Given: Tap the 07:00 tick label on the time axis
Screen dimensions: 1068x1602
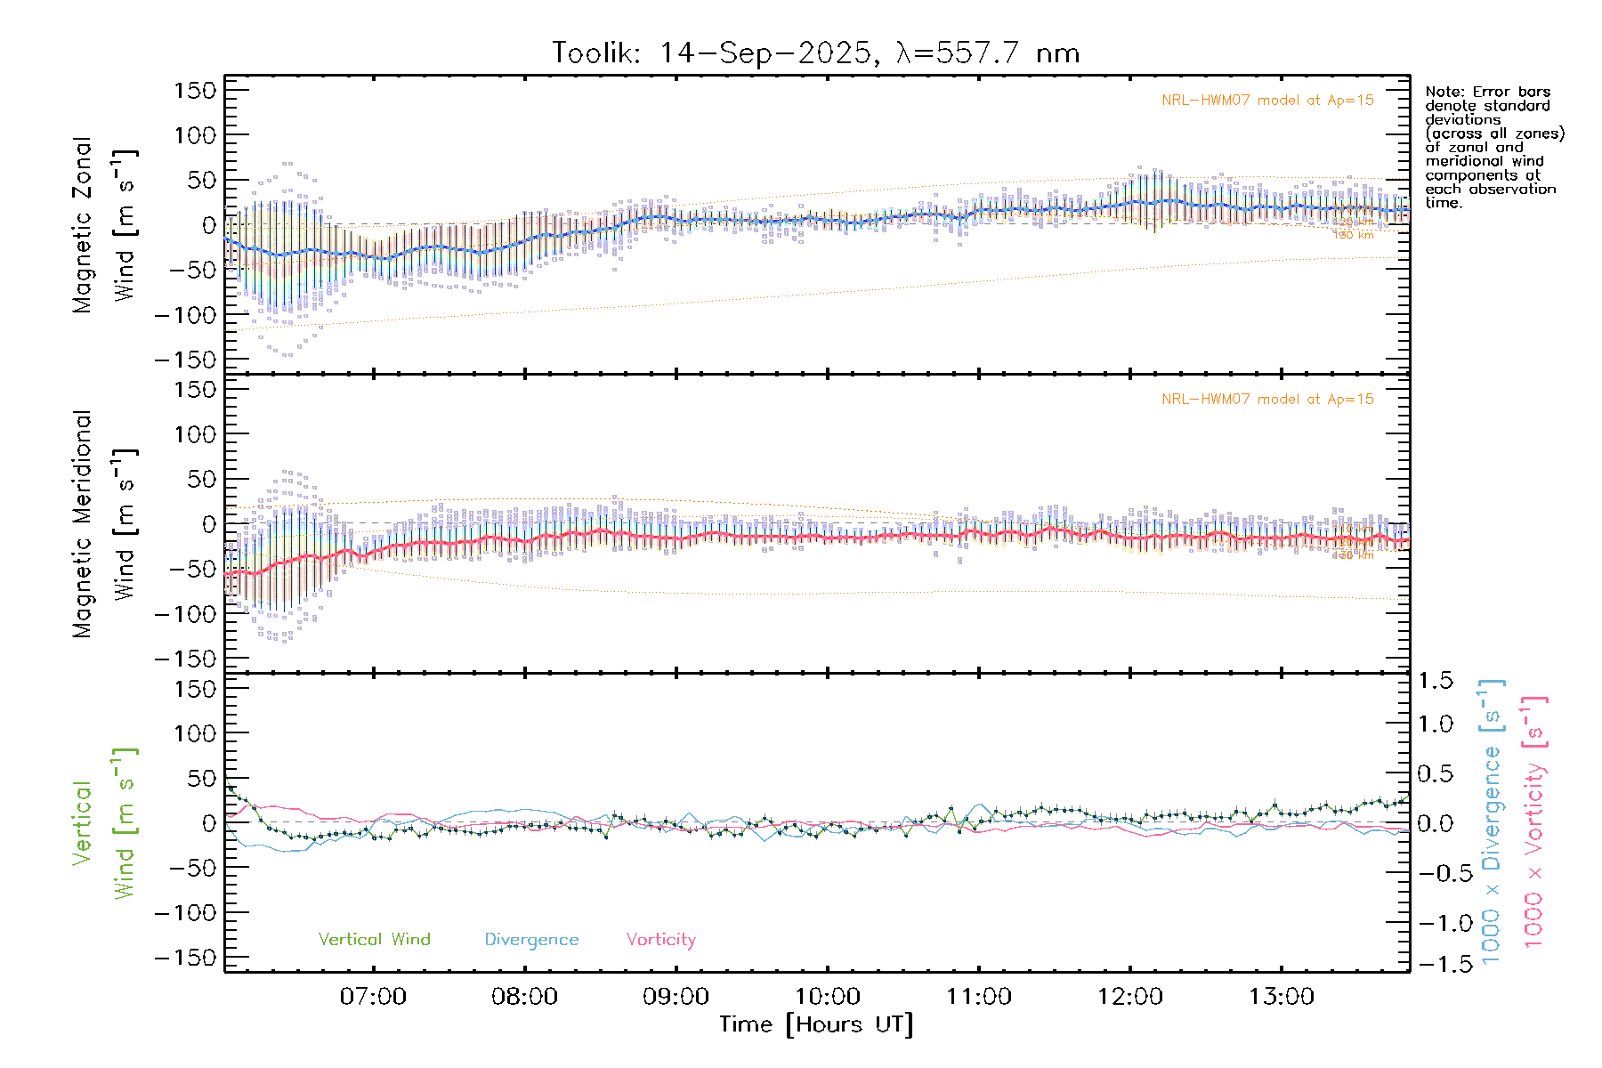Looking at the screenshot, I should tap(373, 996).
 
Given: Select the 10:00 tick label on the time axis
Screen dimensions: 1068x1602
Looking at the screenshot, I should tap(827, 996).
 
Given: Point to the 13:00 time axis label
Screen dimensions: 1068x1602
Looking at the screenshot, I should tap(1281, 996).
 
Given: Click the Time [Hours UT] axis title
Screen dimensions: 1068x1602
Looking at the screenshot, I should tap(816, 1024).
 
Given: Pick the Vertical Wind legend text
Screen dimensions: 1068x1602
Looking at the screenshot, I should tap(374, 939).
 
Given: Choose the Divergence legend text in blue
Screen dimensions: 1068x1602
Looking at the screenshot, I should tap(531, 939).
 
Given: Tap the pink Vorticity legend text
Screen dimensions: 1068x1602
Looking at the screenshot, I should tap(660, 939).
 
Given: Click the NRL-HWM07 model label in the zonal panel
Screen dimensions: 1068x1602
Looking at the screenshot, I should tap(1267, 101).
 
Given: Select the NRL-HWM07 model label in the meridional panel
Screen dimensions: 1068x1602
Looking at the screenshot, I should tap(1267, 400).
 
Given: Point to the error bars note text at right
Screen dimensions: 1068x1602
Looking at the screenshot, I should tap(1493, 147).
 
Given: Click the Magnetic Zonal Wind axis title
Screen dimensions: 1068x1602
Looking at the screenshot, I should tap(103, 224).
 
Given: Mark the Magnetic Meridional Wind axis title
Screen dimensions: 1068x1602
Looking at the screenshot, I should tap(103, 524).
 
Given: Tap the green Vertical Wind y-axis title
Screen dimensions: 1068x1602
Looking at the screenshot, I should tap(103, 823).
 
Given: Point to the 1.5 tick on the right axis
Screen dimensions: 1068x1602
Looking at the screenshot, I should tap(1436, 681).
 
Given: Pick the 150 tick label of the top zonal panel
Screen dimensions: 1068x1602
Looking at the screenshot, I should tap(196, 90).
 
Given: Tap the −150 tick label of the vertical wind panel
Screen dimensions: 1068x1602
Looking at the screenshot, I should tap(185, 958).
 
